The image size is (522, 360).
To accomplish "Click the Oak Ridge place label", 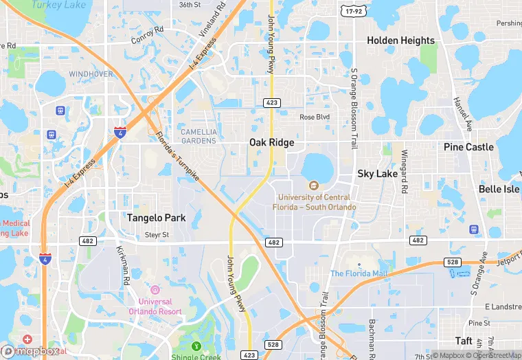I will (271, 142).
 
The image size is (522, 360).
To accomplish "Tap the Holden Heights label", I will (400, 41).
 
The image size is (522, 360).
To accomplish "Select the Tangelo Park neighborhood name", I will (156, 218).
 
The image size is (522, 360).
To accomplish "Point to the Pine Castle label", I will (468, 147).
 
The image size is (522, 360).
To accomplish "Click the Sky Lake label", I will (377, 174).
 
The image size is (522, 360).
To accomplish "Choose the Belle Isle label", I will (499, 189).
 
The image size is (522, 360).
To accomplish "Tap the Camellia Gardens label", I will (198, 136).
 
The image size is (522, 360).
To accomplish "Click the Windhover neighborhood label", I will (91, 74).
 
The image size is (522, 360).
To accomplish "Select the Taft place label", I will (464, 341).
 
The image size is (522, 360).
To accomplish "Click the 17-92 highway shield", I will (354, 12).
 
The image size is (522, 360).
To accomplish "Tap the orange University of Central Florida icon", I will (314, 185).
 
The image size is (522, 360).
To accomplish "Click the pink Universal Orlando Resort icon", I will (155, 289).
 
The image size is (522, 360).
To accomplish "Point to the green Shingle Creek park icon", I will (196, 346).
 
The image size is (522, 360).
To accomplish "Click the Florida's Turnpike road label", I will (177, 157).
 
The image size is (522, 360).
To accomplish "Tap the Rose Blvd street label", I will (315, 117).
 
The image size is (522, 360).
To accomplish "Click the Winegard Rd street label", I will (405, 171).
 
